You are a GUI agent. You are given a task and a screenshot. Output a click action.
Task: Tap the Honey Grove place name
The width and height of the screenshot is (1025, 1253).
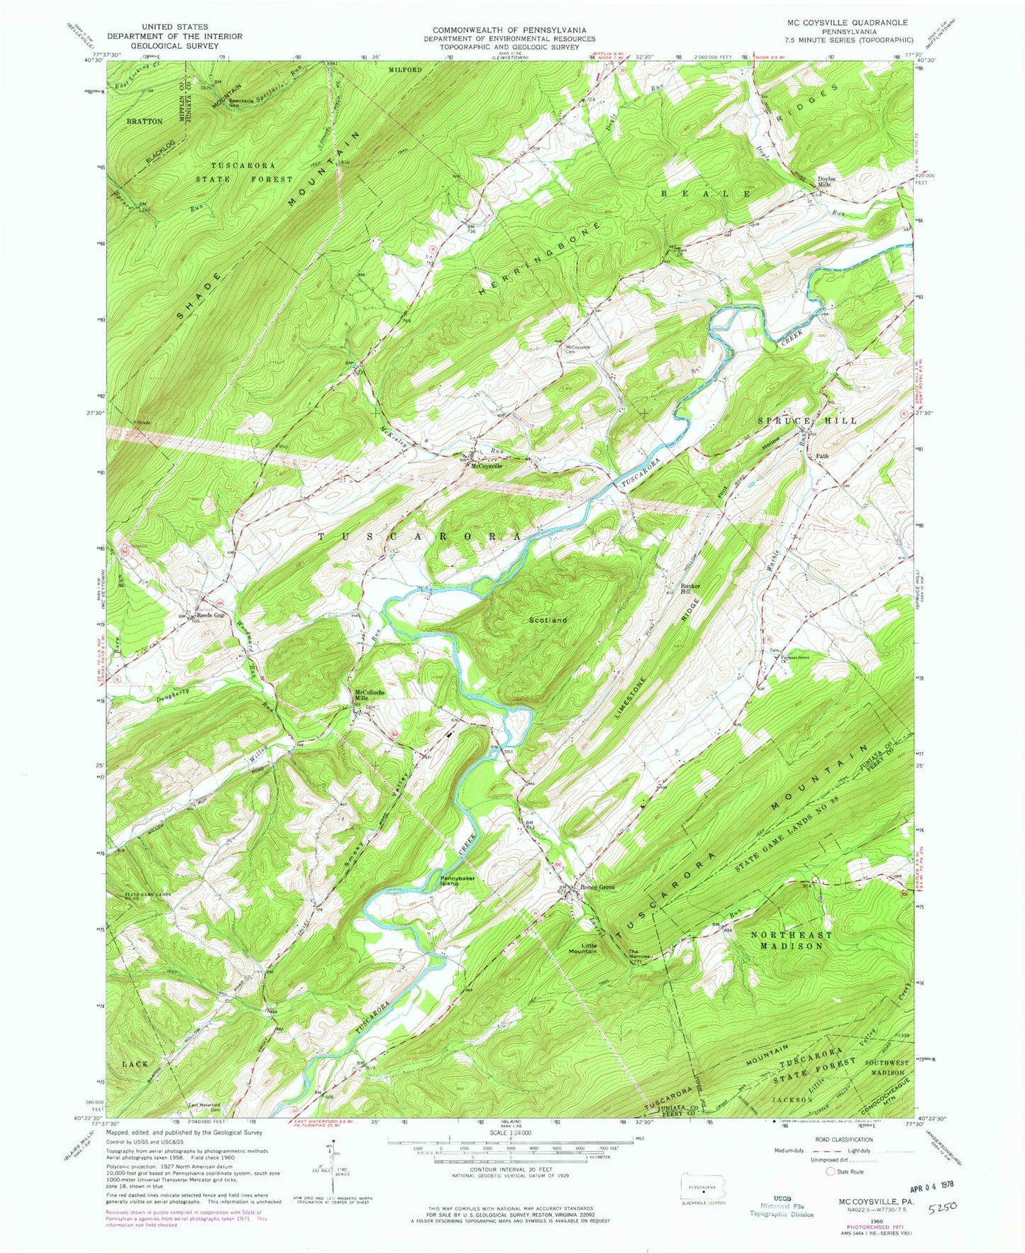(597, 888)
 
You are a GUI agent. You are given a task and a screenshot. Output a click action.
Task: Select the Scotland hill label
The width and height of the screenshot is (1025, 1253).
(548, 620)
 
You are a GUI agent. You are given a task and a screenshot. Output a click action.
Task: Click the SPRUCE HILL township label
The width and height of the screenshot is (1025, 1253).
(807, 421)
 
